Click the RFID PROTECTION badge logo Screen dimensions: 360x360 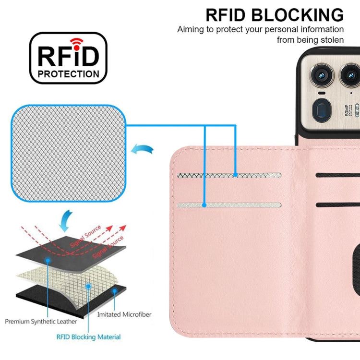tap(68, 58)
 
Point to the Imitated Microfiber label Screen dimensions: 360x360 tap(124, 314)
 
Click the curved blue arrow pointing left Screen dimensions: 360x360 tap(143, 150)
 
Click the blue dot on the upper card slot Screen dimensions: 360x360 tap(235, 175)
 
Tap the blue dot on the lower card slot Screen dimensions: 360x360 tap(204, 205)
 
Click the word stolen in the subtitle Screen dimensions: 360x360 tap(331, 40)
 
